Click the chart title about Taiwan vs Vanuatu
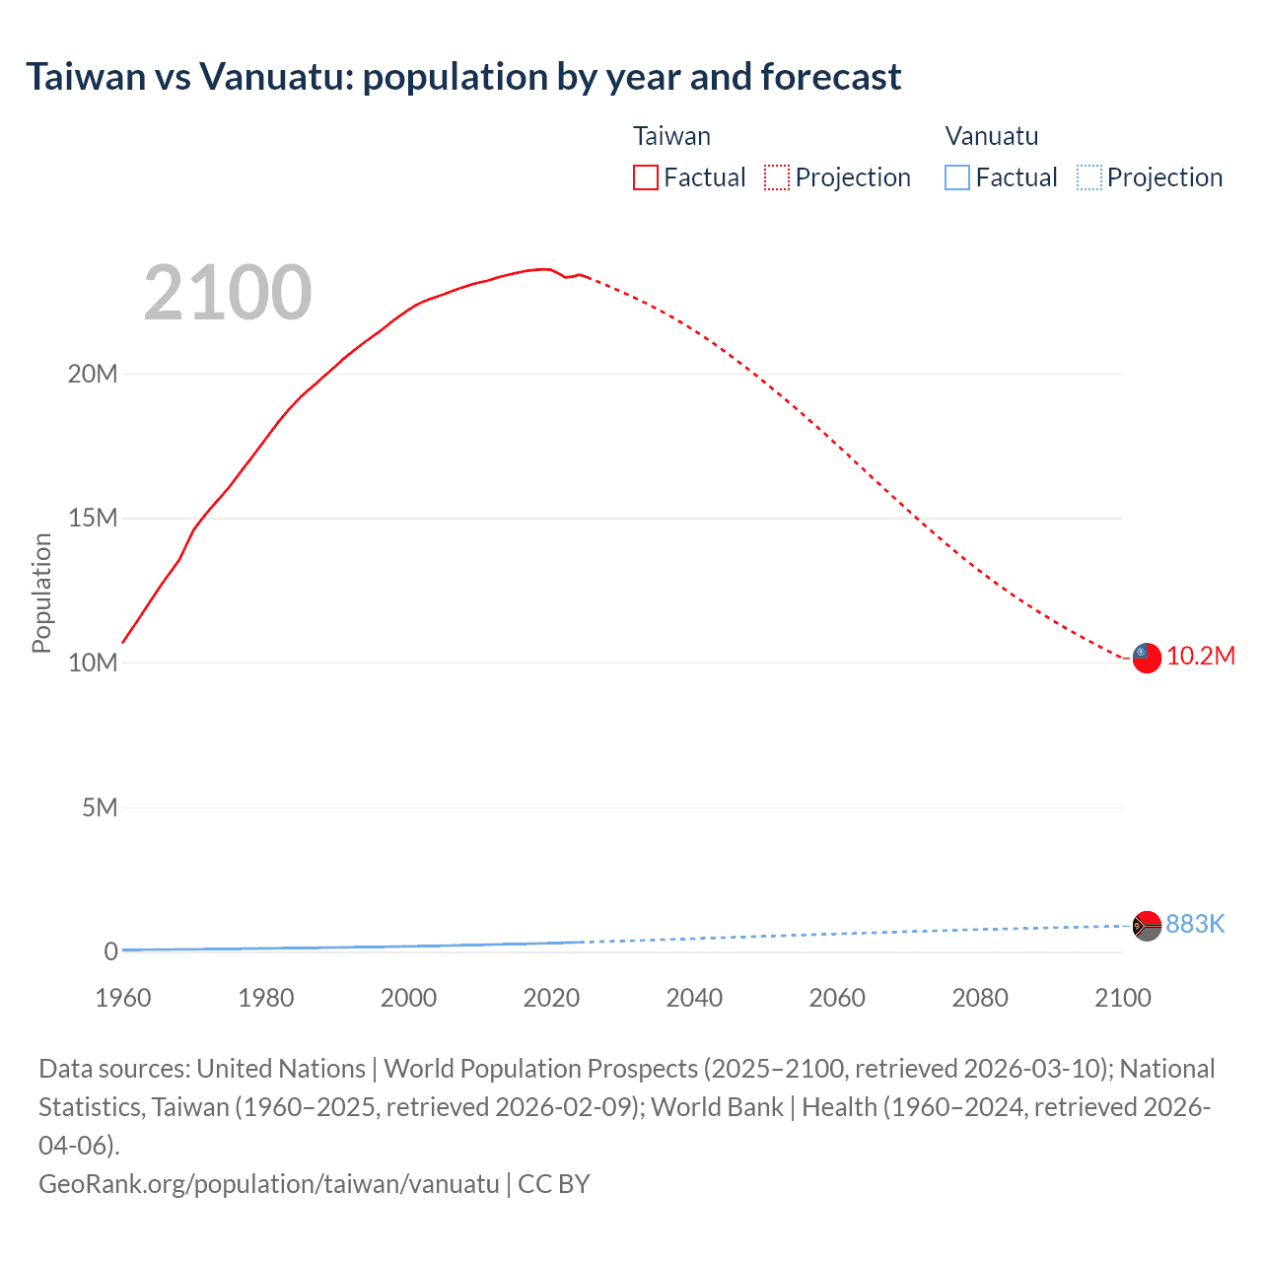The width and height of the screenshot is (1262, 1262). click(x=463, y=77)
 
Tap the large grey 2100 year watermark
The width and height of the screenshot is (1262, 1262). click(x=228, y=293)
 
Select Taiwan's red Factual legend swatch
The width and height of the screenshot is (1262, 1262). click(x=646, y=177)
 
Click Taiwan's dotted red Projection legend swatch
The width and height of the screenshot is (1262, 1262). click(x=777, y=177)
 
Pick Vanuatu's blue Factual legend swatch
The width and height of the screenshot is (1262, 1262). click(x=957, y=177)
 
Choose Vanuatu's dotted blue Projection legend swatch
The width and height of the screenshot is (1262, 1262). click(x=1088, y=177)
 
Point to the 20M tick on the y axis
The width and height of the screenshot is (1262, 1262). click(x=93, y=374)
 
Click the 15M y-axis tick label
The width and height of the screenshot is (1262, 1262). click(x=93, y=518)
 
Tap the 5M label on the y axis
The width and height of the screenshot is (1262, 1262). click(x=99, y=807)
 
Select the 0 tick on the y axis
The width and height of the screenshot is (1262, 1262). click(x=110, y=951)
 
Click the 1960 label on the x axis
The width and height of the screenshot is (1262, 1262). click(x=123, y=998)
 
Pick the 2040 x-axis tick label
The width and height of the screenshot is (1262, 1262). click(x=694, y=998)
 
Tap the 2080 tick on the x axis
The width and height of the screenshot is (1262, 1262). click(x=980, y=998)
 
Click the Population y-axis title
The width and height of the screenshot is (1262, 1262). click(x=41, y=593)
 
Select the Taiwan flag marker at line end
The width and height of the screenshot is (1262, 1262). click(x=1146, y=657)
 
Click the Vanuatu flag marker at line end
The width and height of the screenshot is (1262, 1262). click(x=1146, y=926)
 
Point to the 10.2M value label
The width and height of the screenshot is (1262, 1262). click(x=1201, y=657)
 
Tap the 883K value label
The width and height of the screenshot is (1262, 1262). click(x=1195, y=924)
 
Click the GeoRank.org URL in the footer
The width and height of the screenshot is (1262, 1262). click(x=268, y=1183)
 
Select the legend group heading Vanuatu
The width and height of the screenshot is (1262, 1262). click(x=992, y=136)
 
